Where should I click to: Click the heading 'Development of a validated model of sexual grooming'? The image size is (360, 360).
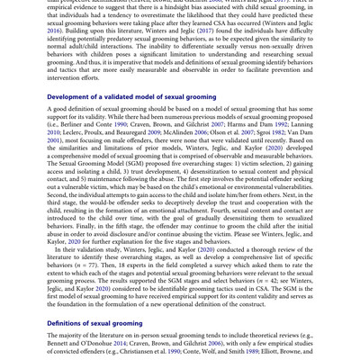click(130, 97)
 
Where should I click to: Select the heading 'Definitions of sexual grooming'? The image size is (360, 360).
click(94, 323)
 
